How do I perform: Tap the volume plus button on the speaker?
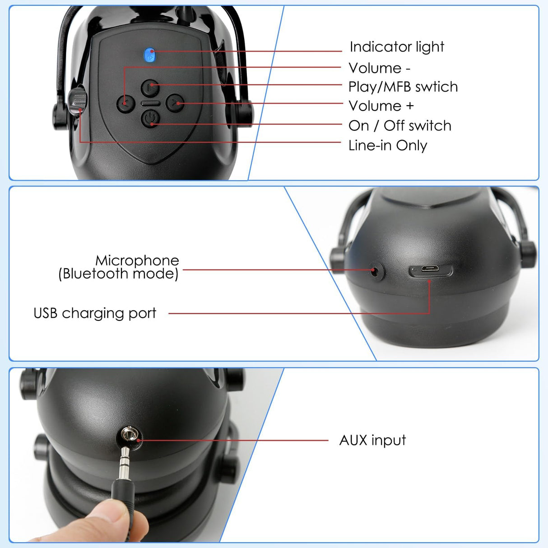[175, 103]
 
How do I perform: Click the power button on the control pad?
[151, 119]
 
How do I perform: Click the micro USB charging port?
[430, 270]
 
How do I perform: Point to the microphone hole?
[375, 271]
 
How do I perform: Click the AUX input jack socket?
[130, 435]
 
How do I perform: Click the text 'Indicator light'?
[397, 47]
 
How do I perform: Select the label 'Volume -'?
[379, 68]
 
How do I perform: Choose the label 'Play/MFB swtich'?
[403, 87]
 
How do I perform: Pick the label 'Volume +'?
[381, 106]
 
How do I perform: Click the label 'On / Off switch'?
[399, 126]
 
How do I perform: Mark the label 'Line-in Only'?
[387, 145]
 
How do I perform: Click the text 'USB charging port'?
[95, 313]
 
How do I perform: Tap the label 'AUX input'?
[372, 440]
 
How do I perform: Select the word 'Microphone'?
[137, 260]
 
